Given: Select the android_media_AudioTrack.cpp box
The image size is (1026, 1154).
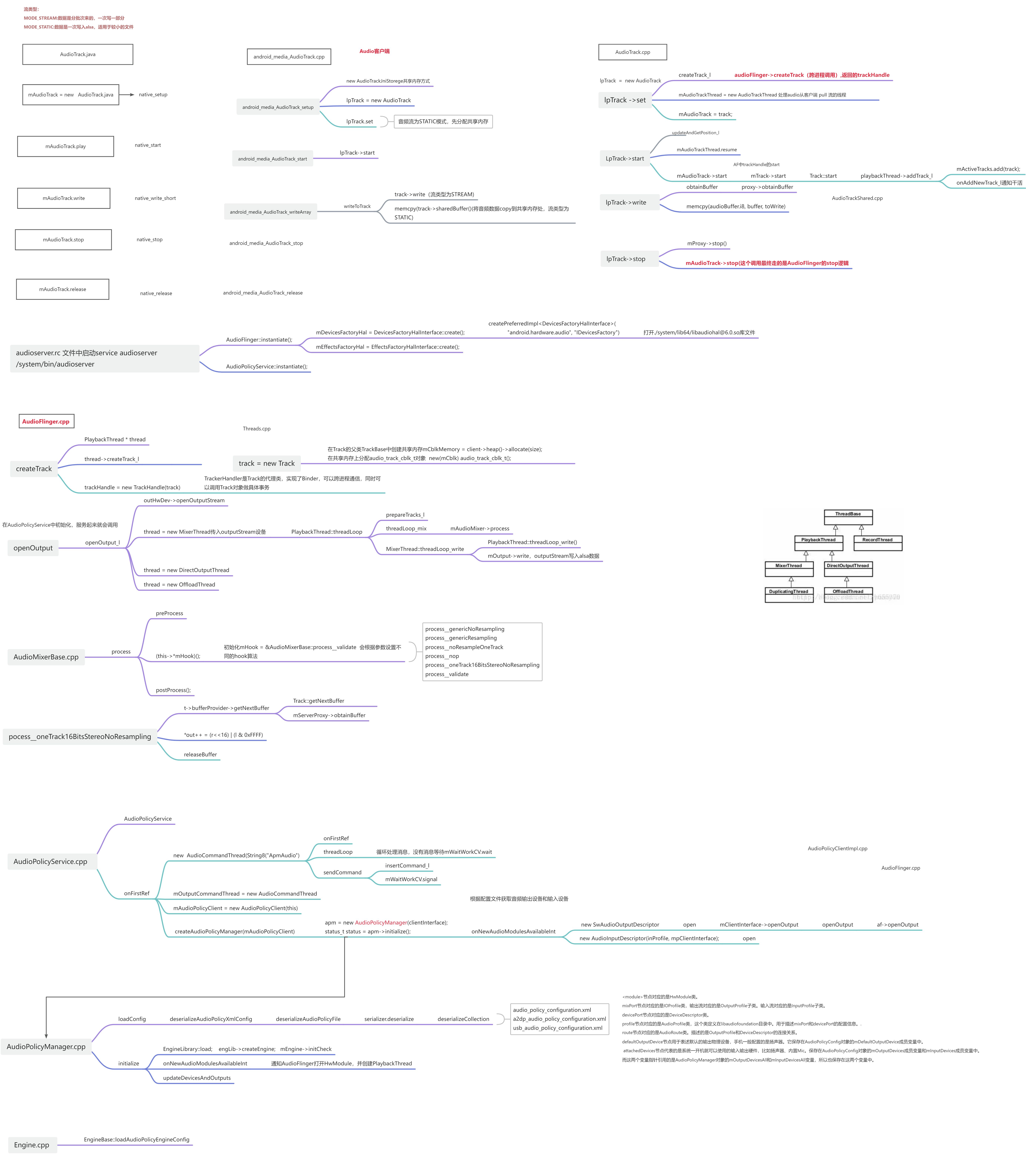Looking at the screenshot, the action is point(289,56).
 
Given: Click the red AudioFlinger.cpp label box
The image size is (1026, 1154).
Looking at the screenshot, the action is point(46,421).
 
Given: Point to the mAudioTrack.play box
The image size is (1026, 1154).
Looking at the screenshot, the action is point(66,146).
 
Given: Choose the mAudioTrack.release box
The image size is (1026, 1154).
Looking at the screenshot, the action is point(63,289).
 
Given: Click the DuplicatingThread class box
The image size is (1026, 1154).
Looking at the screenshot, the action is point(789,595).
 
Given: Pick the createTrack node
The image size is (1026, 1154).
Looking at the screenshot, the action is point(34,469).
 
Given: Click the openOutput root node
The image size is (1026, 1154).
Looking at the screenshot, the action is point(33,548).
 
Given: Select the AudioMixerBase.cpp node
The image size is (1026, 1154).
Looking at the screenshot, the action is point(46,657).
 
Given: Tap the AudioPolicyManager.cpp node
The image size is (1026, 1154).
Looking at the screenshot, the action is point(46,1046).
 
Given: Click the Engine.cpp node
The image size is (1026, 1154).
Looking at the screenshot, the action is point(32,1144).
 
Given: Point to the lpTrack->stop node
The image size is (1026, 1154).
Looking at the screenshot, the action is point(625,259).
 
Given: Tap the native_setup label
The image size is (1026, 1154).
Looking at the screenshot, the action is point(153,94).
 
